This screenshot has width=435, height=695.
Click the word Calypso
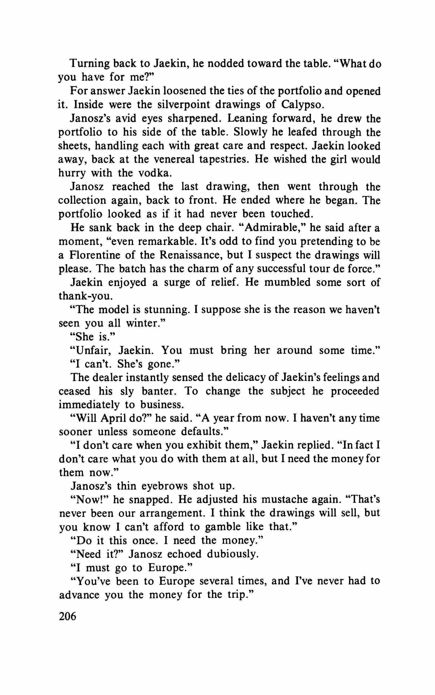click(303, 104)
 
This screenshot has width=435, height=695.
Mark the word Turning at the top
click(89, 63)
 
